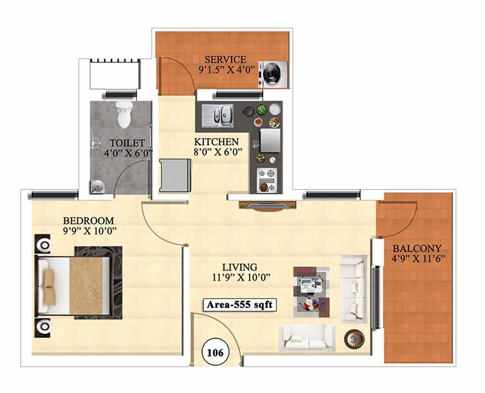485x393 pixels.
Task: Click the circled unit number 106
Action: (x=214, y=352)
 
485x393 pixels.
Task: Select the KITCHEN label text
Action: (x=216, y=142)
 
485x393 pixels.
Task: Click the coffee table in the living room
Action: (x=311, y=288)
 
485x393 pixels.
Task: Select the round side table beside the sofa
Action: (x=352, y=338)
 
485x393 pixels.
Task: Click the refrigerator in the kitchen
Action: (x=175, y=175)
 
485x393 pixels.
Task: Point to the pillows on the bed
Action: (x=48, y=285)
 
